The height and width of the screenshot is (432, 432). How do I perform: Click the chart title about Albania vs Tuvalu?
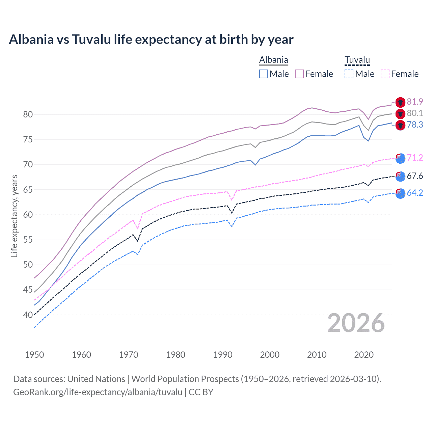(151, 39)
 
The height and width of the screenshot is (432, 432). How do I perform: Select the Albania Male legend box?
(264, 74)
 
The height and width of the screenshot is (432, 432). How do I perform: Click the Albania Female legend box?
(299, 74)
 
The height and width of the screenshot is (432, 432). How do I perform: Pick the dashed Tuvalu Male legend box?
(349, 74)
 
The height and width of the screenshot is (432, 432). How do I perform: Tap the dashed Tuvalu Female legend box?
(385, 74)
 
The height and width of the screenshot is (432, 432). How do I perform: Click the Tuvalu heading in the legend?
(357, 60)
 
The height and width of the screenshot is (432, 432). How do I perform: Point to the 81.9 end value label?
(415, 102)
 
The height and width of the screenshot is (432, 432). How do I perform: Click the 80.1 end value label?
(415, 113)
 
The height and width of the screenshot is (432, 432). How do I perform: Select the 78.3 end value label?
(415, 125)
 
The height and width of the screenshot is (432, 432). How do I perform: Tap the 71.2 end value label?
(415, 158)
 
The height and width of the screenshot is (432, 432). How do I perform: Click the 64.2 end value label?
(415, 193)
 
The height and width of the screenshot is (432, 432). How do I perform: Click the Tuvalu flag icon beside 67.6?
(400, 176)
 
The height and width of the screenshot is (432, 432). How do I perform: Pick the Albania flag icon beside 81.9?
(400, 102)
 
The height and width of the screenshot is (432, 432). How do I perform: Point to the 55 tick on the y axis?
(28, 240)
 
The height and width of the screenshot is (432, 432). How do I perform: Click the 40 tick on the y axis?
(28, 315)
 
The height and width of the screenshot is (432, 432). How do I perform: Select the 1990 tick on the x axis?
(223, 355)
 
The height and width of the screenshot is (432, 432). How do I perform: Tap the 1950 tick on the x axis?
(34, 355)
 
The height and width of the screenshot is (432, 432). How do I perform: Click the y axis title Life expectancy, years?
(14, 216)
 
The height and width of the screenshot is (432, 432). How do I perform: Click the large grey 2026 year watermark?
(356, 323)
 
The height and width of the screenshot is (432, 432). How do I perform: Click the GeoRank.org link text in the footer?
(98, 392)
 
